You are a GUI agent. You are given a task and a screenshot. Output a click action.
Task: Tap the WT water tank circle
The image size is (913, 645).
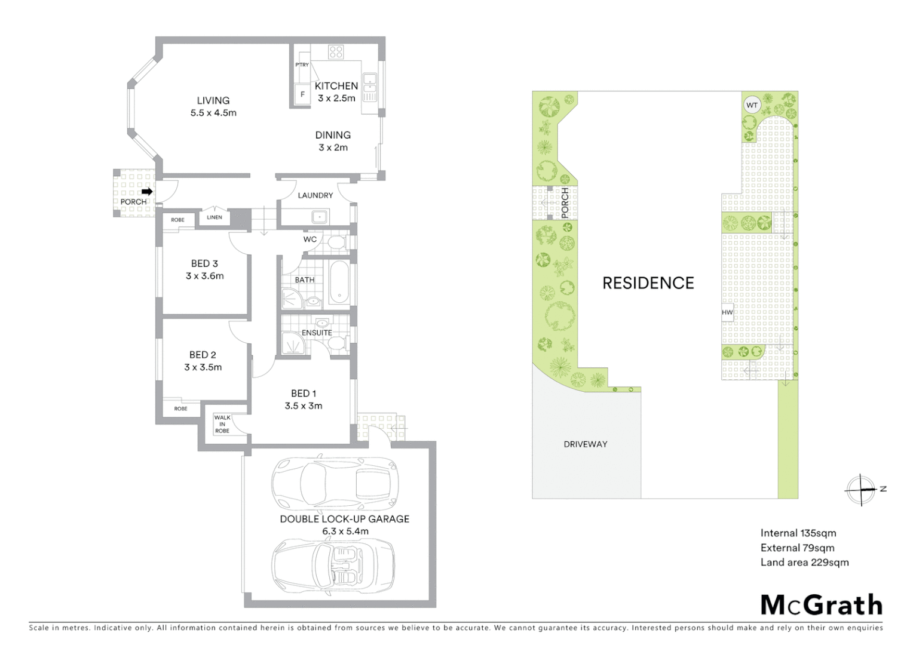coord(752,106)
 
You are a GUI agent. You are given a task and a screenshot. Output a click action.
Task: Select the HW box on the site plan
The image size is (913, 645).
coord(727,312)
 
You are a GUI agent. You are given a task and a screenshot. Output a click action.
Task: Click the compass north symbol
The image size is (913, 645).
coord(862,490)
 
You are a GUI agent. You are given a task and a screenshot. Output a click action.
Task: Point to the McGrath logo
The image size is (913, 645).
coord(821,605)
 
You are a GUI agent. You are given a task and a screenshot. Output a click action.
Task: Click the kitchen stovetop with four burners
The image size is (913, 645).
coord(336,52)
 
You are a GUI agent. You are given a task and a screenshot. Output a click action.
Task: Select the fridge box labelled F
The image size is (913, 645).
coord(302,94)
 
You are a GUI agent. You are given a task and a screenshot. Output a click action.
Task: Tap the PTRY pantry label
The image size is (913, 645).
coord(302,64)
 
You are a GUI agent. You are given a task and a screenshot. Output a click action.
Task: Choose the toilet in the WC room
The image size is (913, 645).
coord(336,241)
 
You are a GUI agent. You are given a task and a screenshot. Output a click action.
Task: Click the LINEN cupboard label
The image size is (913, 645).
coord(215,217)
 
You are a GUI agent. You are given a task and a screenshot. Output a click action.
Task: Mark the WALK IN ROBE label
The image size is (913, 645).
coord(222,424)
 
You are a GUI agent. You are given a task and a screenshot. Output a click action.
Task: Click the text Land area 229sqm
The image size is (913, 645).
coord(804,562)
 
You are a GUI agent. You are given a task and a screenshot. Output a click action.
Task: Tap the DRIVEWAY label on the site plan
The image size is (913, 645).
coord(585,444)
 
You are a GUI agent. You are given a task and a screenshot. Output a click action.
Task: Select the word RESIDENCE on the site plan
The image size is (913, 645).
coord(648,283)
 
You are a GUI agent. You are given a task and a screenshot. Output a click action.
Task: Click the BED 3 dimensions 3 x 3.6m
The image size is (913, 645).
coord(204,276)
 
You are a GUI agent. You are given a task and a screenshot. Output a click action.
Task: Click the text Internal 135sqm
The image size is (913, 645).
coord(798,533)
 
